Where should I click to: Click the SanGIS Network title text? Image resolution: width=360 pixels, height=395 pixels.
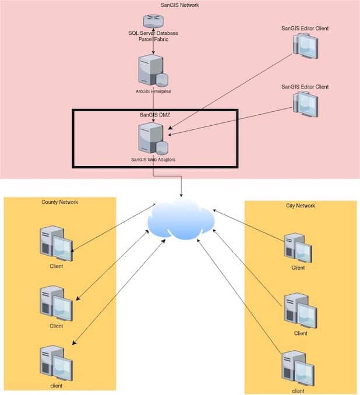(x=180, y=5)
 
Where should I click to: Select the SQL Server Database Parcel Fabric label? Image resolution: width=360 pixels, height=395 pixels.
(x=153, y=36)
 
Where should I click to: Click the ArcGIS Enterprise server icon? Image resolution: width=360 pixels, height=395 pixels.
(x=152, y=70)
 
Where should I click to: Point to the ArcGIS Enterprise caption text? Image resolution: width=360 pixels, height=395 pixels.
(x=153, y=91)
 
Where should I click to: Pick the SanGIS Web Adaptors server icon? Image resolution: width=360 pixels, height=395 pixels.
(x=152, y=137)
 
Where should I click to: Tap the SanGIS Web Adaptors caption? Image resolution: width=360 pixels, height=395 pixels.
(x=153, y=159)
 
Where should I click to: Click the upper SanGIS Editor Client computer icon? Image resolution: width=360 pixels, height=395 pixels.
(x=305, y=47)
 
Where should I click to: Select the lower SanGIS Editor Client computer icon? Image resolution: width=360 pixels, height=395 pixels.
(x=305, y=104)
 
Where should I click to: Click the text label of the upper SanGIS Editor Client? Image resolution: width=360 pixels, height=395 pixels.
(x=305, y=28)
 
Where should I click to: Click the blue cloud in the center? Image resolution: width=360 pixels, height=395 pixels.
(x=181, y=220)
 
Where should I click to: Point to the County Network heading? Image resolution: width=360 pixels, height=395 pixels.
(x=59, y=202)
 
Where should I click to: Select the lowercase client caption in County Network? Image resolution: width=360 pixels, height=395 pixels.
(x=56, y=386)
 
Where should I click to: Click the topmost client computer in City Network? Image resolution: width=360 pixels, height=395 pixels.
(x=298, y=248)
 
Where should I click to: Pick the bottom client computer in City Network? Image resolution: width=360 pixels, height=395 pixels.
(x=298, y=368)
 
